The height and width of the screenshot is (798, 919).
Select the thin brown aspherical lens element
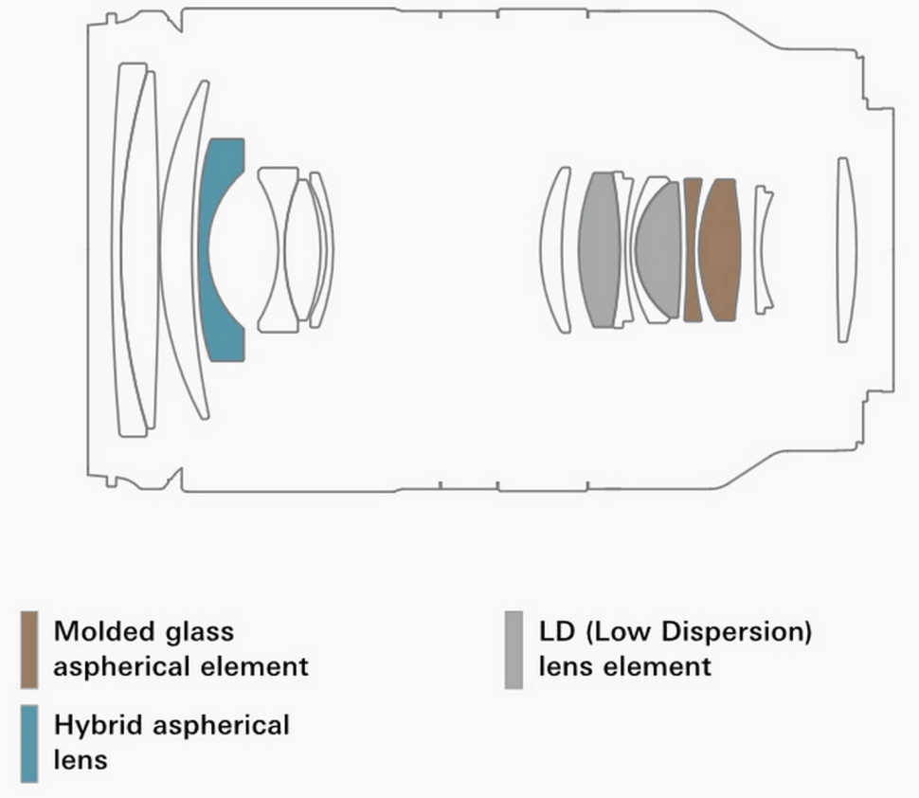693,250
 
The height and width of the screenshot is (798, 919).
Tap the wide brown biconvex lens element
720,250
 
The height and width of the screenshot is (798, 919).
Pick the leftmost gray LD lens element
599,250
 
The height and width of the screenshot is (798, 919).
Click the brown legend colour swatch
29,649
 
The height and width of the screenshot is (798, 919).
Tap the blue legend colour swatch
29,743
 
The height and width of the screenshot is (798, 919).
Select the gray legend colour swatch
514,649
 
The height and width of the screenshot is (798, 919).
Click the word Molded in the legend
103,631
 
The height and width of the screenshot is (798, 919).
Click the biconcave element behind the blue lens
278,250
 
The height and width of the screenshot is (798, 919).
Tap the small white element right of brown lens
763,250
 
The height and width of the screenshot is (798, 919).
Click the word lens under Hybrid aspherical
81,760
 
